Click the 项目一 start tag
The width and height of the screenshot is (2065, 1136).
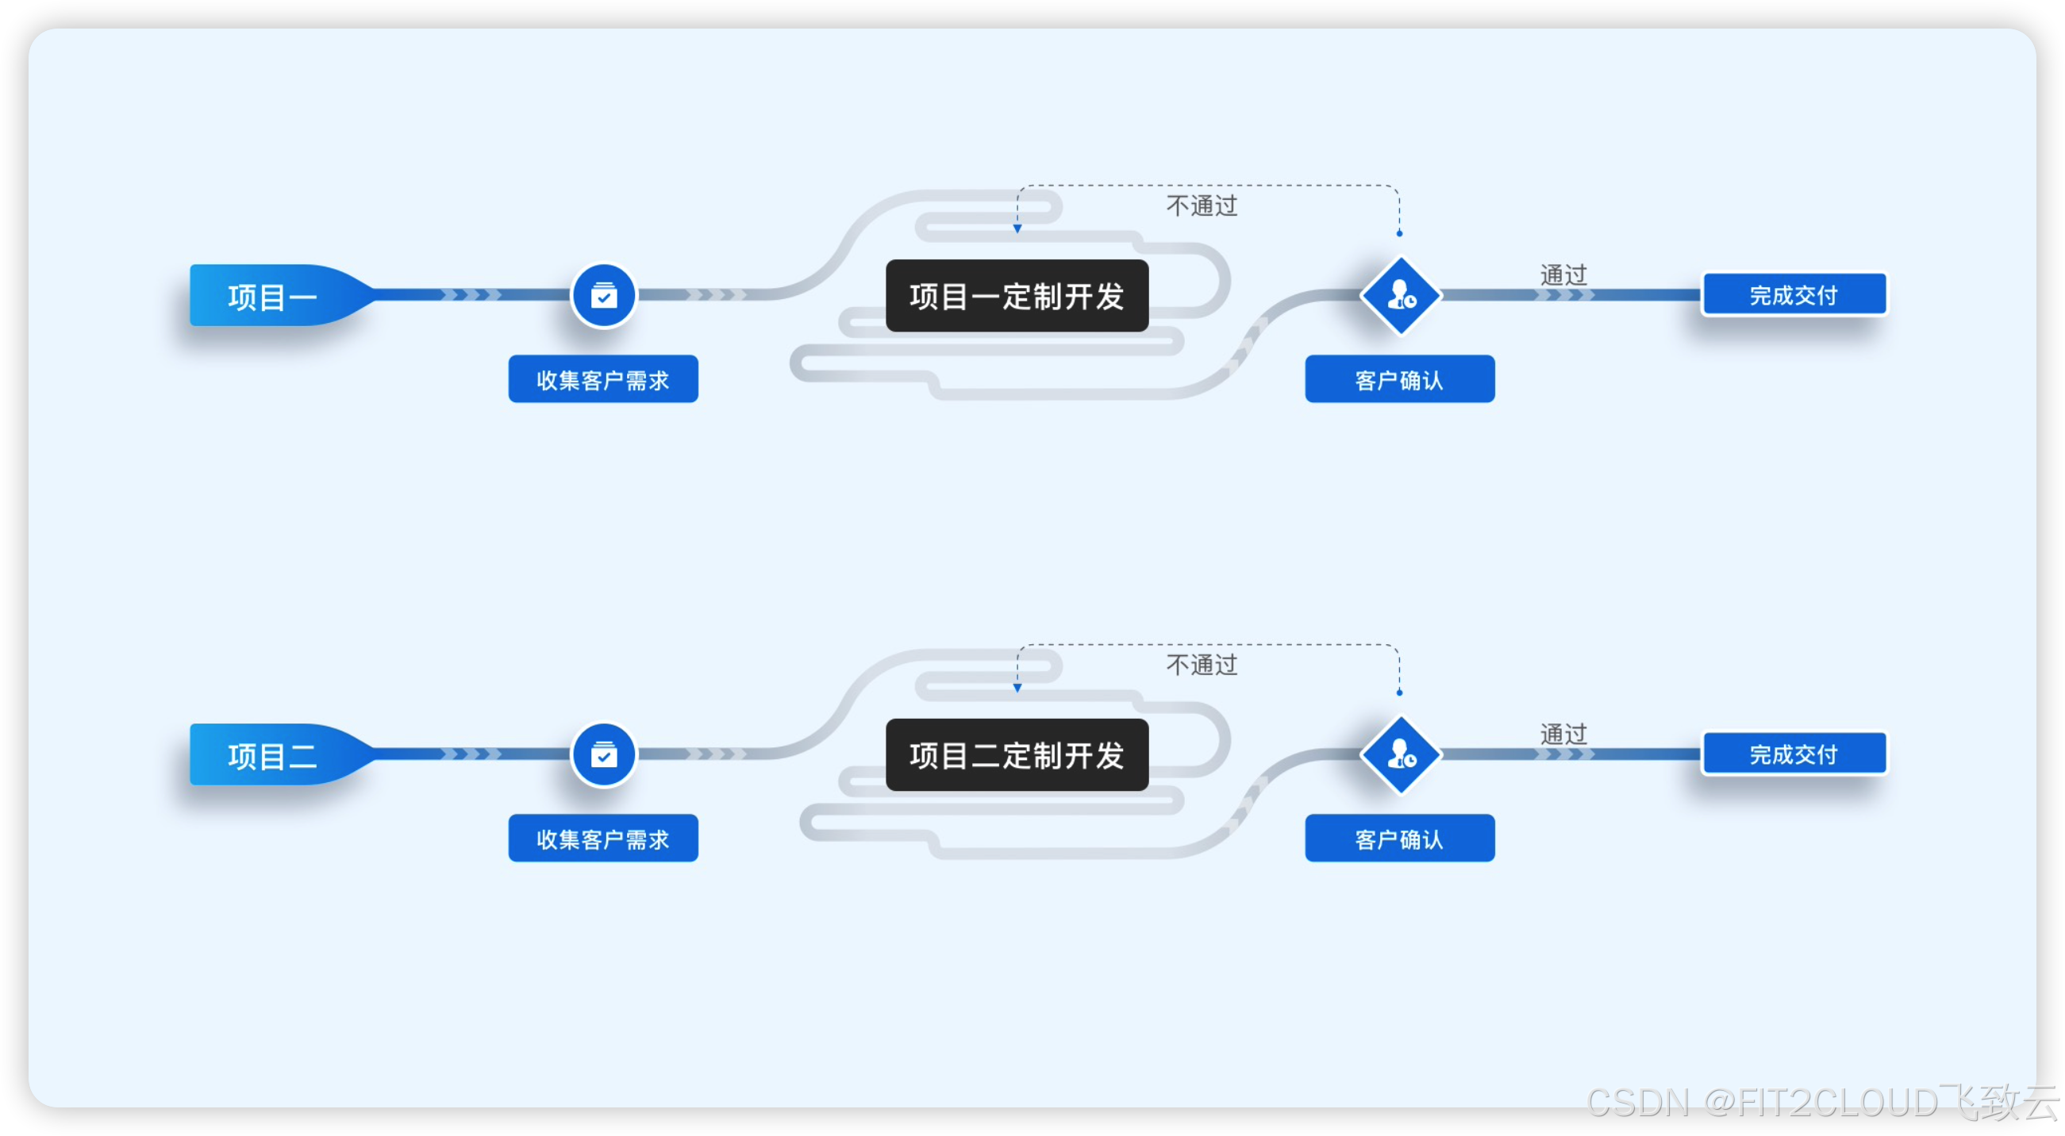pyautogui.click(x=271, y=297)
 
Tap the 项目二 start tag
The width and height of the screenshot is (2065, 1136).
pyautogui.click(x=271, y=755)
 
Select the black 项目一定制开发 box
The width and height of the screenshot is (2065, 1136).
pyautogui.click(x=1017, y=297)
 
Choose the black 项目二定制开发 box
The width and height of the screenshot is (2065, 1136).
pyautogui.click(x=1017, y=755)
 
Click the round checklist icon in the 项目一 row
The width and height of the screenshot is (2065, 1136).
pyautogui.click(x=604, y=297)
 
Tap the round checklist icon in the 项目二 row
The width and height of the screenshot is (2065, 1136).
pyautogui.click(x=604, y=754)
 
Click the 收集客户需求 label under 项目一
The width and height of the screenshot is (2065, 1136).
pyautogui.click(x=603, y=380)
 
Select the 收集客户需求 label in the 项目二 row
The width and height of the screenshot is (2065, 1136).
pyautogui.click(x=603, y=839)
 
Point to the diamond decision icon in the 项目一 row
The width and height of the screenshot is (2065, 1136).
pyautogui.click(x=1401, y=296)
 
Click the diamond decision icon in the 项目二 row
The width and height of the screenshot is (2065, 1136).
pyautogui.click(x=1401, y=754)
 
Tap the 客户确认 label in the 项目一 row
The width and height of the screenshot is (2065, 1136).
pyautogui.click(x=1400, y=380)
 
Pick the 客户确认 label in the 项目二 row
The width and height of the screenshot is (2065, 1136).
pyautogui.click(x=1400, y=839)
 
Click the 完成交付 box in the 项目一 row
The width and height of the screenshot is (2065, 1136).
pyautogui.click(x=1794, y=295)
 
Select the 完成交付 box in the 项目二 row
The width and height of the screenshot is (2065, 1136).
pyautogui.click(x=1794, y=754)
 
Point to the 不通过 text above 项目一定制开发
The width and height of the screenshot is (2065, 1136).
pyautogui.click(x=1202, y=206)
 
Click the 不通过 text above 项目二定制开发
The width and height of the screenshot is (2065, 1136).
pyautogui.click(x=1202, y=665)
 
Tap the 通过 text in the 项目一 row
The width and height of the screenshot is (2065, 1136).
pyautogui.click(x=1563, y=274)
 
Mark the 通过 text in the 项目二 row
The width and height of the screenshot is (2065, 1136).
pyautogui.click(x=1563, y=734)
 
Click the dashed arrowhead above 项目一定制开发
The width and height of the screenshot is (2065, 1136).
pyautogui.click(x=1017, y=229)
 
